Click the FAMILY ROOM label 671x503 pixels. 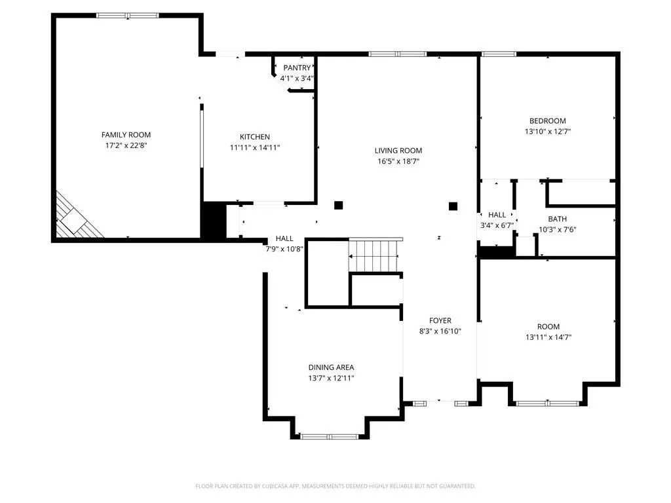(x=126, y=135)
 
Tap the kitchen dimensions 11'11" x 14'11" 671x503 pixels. (x=255, y=147)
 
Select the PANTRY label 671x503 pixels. (x=297, y=67)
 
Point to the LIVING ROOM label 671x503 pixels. (x=398, y=151)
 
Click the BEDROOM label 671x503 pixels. (x=548, y=121)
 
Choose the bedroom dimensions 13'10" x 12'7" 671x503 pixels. (x=548, y=132)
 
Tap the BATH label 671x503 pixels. (x=557, y=219)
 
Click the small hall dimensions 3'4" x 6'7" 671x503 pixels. (x=497, y=225)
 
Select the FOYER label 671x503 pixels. (x=440, y=320)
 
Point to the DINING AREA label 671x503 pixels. (x=331, y=367)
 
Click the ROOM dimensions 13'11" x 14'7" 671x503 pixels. (x=548, y=337)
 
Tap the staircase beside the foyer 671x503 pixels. (x=375, y=255)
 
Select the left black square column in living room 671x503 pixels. (x=339, y=205)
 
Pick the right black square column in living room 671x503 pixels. (x=453, y=206)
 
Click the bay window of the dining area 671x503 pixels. (x=330, y=437)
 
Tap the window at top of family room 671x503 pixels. (x=128, y=16)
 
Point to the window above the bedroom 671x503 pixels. (x=499, y=54)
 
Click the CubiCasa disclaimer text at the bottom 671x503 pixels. (x=335, y=486)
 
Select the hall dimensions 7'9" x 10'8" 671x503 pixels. (x=284, y=249)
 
